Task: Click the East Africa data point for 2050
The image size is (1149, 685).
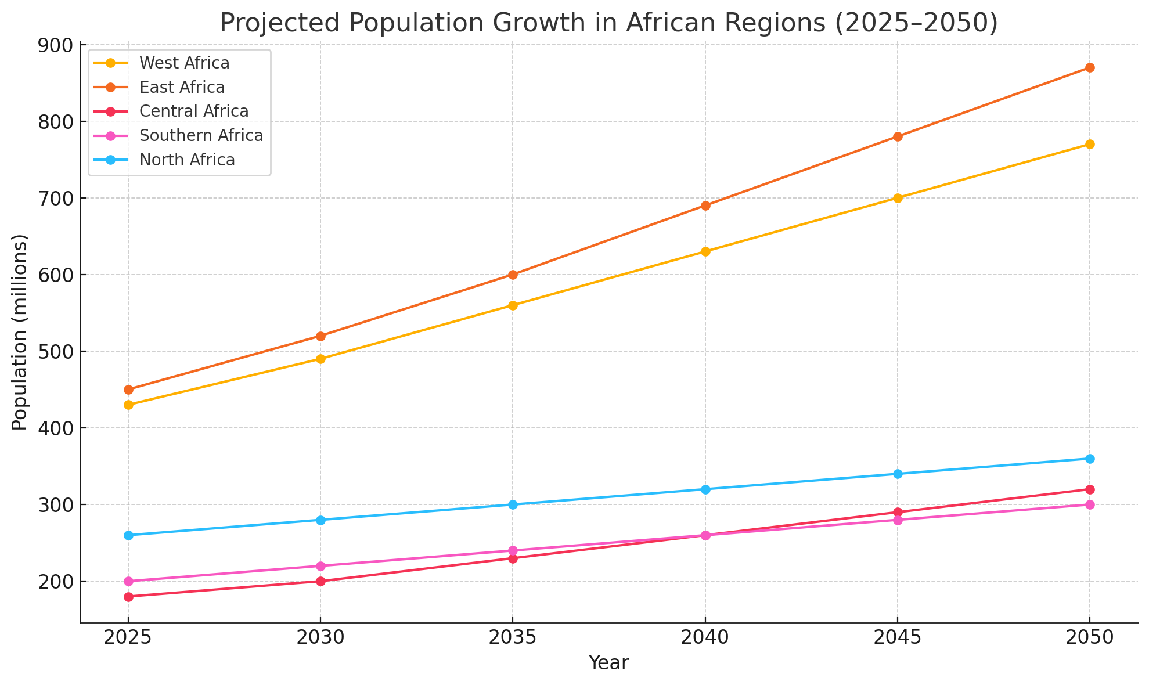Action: pos(1090,68)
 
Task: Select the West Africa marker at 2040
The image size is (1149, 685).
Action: pos(705,251)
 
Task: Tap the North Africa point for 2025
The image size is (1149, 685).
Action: pos(129,535)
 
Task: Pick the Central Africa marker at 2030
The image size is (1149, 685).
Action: pos(320,581)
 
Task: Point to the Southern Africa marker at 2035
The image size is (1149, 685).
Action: pos(513,550)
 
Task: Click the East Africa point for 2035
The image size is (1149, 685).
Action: pos(513,275)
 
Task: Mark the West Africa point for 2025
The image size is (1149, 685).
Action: pos(129,405)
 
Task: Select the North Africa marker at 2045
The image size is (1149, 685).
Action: pos(898,474)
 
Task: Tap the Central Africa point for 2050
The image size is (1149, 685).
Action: pos(1090,489)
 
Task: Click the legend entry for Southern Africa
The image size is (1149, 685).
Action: pos(201,136)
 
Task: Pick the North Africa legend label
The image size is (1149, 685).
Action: pos(187,160)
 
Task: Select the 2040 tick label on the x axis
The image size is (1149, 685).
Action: pos(705,639)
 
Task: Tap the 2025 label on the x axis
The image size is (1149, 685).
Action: pos(128,639)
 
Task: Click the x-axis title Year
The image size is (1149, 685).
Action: pos(608,663)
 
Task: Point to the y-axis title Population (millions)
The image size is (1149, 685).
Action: pos(20,332)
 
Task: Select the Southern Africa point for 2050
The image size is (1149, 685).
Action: pos(1090,504)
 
